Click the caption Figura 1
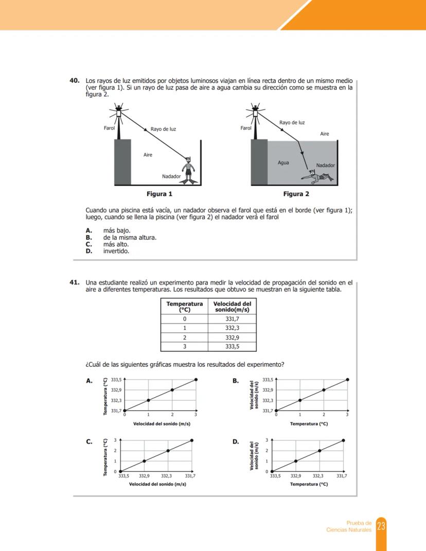pyautogui.click(x=159, y=194)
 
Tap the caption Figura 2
pyautogui.click(x=296, y=194)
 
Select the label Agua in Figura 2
pyautogui.click(x=283, y=163)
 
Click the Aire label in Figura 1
pyautogui.click(x=148, y=154)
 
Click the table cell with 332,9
pyautogui.click(x=233, y=337)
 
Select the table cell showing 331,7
pyautogui.click(x=233, y=318)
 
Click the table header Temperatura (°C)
pyautogui.click(x=184, y=307)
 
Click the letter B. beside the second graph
pyautogui.click(x=236, y=381)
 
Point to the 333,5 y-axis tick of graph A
pyautogui.click(x=116, y=379)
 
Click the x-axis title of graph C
pyautogui.click(x=157, y=484)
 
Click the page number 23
pyautogui.click(x=381, y=526)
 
